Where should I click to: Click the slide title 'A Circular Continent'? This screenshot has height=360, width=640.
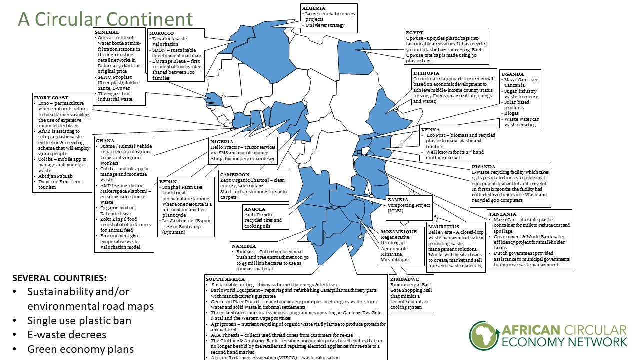click(105, 19)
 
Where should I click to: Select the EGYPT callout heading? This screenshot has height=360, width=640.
click(414, 33)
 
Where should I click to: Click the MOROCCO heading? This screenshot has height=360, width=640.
click(161, 33)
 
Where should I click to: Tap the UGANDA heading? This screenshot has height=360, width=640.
click(512, 74)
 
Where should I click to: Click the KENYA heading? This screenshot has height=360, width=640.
click(430, 130)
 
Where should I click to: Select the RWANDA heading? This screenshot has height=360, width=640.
click(483, 167)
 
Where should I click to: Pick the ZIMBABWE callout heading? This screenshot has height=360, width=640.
click(405, 279)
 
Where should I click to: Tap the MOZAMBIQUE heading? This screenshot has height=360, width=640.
click(398, 232)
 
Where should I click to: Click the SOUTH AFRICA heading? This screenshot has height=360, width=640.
click(226, 278)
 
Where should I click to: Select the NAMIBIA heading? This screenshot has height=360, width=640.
click(244, 246)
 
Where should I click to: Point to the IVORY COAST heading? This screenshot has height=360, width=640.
click(51, 97)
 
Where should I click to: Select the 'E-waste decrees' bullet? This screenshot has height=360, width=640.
click(67, 335)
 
